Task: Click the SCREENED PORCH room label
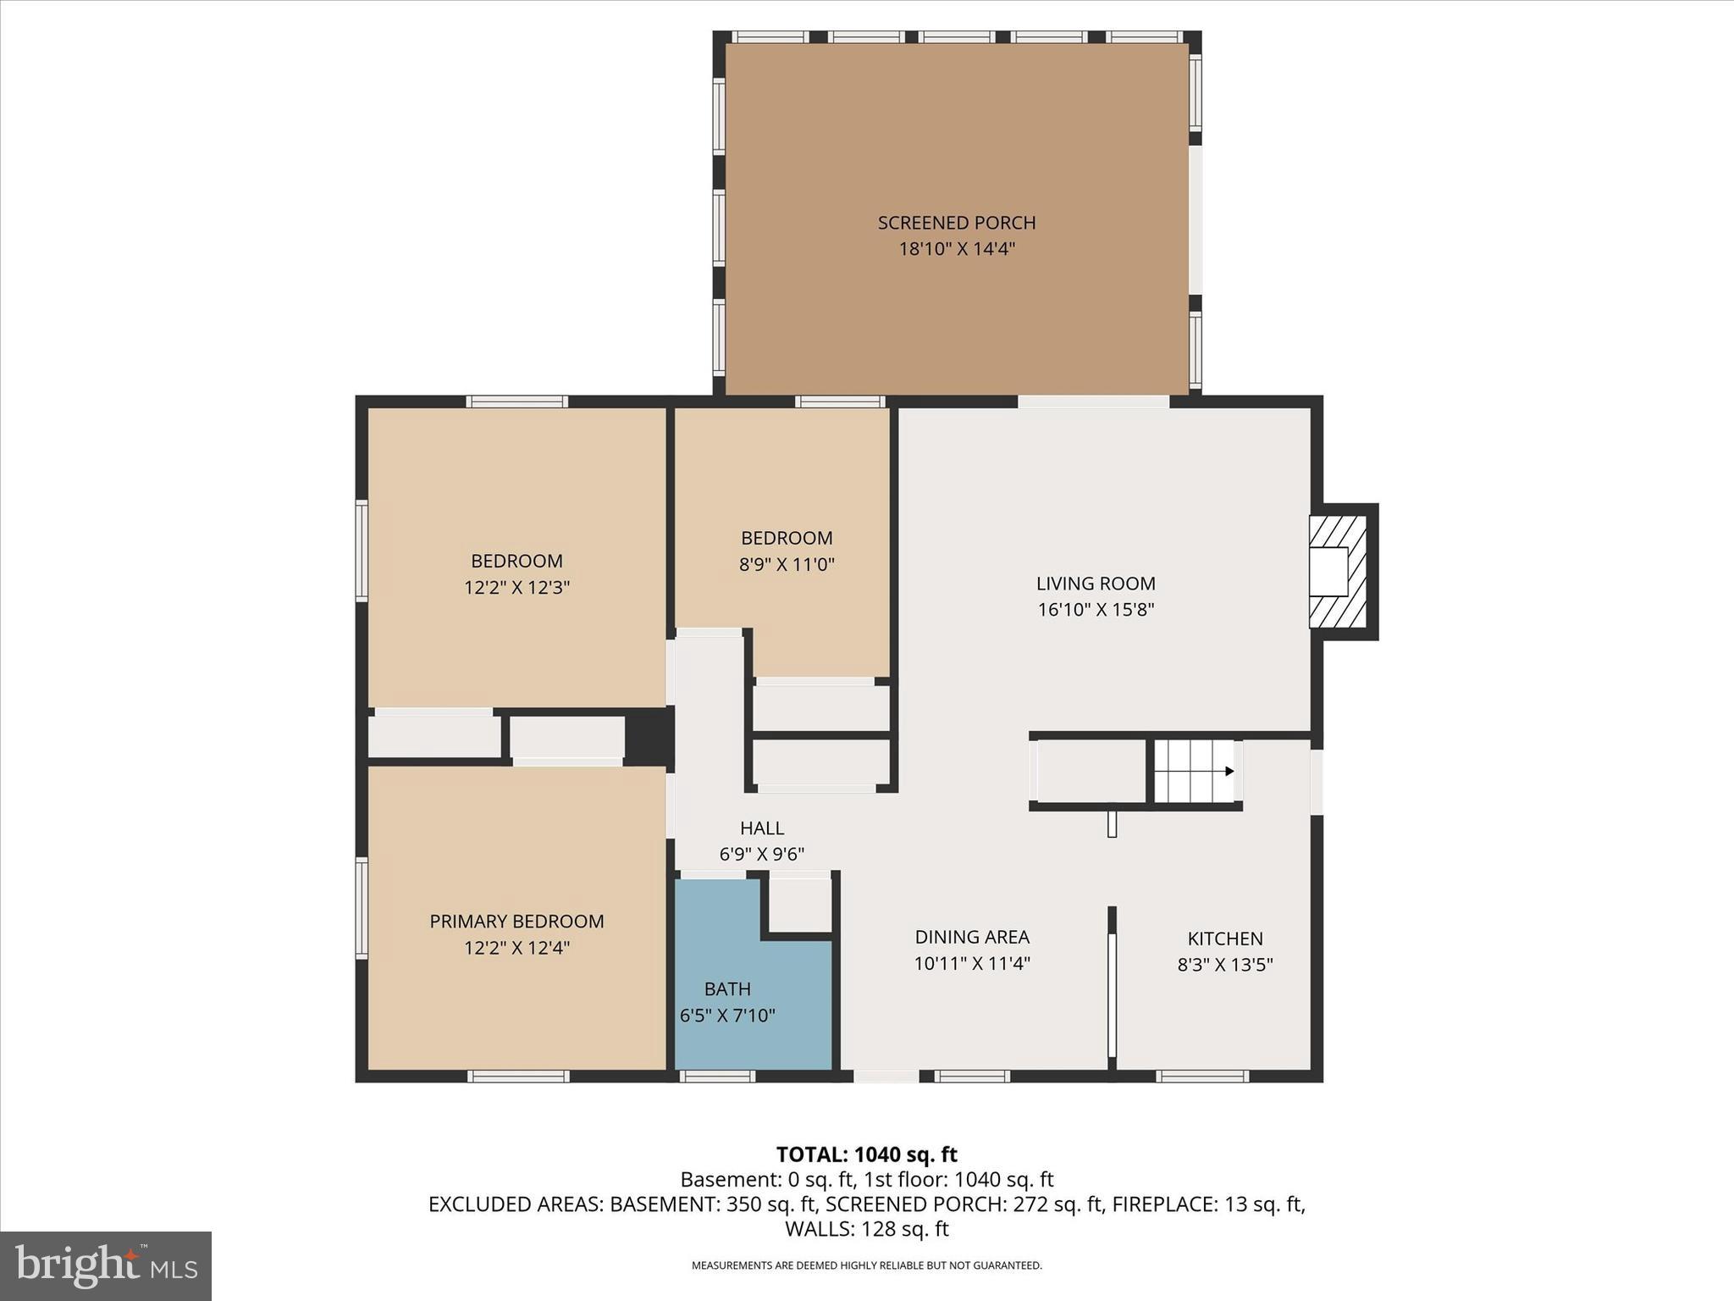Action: (956, 223)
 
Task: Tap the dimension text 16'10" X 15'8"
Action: (1096, 610)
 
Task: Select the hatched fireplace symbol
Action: (1338, 572)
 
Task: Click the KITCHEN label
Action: (1224, 938)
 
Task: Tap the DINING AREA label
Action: (971, 937)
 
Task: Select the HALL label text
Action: (761, 828)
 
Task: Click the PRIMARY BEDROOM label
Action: (516, 922)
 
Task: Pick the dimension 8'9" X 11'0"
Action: (787, 564)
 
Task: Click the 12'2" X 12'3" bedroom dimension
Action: (516, 587)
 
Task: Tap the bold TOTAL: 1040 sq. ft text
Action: (866, 1154)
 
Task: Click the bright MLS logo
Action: (106, 1266)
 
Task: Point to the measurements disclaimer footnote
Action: (866, 1265)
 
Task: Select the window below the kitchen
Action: (1201, 1077)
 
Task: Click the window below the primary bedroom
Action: (517, 1077)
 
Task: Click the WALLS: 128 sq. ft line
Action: (866, 1229)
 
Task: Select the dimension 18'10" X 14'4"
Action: (956, 249)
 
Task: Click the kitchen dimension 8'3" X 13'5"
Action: (1224, 965)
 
